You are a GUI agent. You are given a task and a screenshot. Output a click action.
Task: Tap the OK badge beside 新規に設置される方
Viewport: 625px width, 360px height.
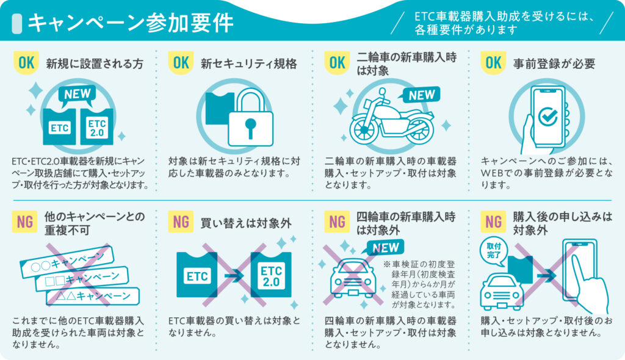26,63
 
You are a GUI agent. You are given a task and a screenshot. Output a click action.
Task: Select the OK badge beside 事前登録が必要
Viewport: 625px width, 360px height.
493,63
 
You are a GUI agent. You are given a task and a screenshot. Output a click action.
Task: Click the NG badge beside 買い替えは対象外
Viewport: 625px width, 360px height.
181,221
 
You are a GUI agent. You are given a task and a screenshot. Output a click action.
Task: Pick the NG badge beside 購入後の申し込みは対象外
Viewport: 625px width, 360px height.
493,221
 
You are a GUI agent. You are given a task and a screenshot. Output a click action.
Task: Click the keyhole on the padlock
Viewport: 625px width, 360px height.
250,128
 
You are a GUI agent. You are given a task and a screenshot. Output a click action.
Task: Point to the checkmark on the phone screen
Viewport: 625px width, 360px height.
548,116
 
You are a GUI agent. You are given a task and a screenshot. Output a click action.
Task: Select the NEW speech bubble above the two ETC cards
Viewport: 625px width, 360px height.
78,95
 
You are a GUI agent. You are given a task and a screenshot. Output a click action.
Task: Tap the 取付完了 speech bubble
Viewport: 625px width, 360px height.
494,251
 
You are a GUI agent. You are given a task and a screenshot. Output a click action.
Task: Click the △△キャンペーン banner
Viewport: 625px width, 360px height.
93,296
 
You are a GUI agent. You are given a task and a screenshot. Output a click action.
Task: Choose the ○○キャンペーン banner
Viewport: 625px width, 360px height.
67,262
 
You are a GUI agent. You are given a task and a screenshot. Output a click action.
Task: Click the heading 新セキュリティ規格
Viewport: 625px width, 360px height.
249,63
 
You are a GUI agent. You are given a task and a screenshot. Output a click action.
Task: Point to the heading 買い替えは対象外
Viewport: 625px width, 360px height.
246,223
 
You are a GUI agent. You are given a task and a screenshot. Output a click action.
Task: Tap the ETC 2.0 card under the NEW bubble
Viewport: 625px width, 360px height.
97,127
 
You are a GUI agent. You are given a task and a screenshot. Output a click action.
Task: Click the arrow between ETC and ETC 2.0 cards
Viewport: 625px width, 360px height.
234,275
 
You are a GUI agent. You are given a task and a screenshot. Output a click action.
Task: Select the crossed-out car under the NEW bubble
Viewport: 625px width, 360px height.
353,278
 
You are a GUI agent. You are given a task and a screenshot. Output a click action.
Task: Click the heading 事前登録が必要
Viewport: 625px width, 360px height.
554,63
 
